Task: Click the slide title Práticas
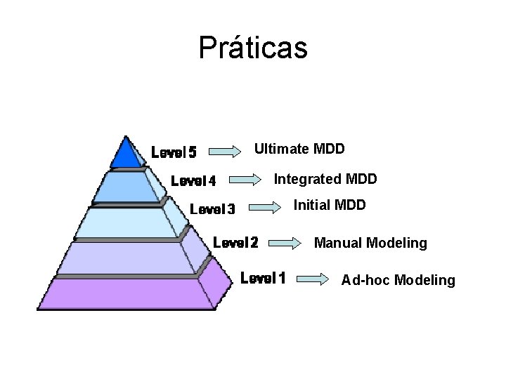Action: click(x=253, y=48)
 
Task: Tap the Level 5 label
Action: click(x=174, y=152)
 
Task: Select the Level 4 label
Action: click(x=193, y=181)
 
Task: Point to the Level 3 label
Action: click(x=212, y=208)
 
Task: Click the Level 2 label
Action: click(x=235, y=244)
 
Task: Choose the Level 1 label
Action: click(x=263, y=278)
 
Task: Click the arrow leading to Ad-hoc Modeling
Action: click(x=313, y=279)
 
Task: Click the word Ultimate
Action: click(x=280, y=149)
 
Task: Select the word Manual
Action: click(x=335, y=243)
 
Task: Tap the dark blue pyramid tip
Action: click(x=127, y=153)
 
